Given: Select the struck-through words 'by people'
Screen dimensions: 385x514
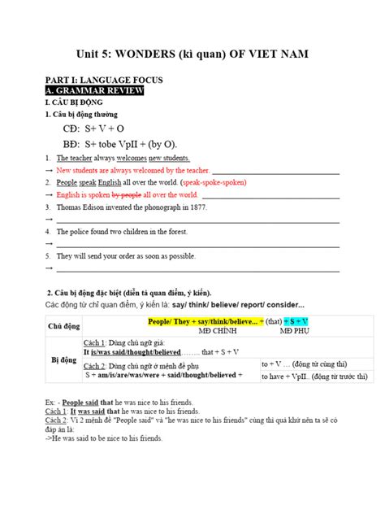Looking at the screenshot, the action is pos(126,195).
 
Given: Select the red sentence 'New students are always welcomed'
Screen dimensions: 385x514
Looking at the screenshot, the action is pos(122,171).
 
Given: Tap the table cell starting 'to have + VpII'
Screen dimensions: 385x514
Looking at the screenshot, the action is pos(312,376).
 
